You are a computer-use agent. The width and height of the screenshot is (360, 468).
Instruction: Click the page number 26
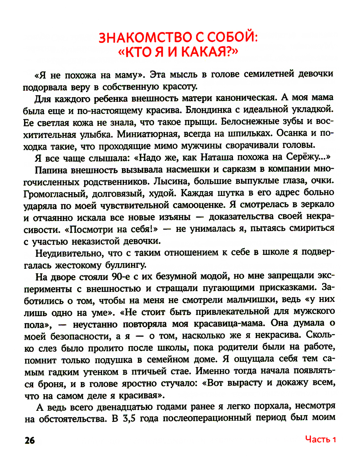pos(30,440)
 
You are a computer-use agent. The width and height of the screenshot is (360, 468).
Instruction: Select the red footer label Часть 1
pos(320,439)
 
